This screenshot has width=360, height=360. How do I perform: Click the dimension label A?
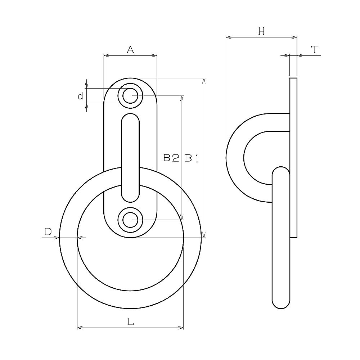130,49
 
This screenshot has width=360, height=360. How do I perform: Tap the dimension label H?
261,31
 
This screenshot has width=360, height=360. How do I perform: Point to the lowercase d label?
81,96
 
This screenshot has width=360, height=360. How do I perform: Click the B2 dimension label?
171,158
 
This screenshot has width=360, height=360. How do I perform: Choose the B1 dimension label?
192,158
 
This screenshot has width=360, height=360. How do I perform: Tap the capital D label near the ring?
48,232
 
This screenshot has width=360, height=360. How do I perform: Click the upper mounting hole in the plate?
130,96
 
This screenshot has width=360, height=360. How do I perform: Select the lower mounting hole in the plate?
130,220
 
